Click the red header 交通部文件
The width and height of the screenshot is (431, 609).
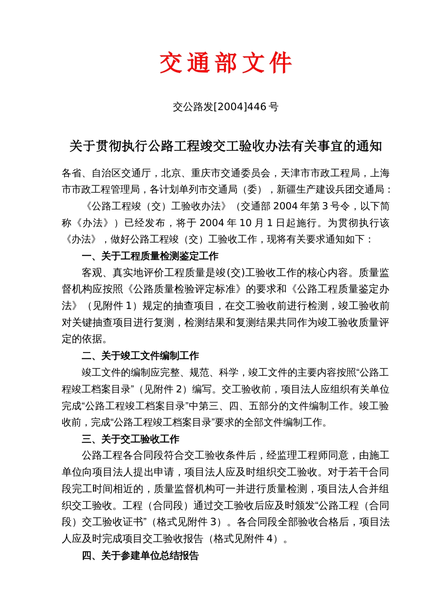click(225, 63)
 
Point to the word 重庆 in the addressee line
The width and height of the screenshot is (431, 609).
click(200, 173)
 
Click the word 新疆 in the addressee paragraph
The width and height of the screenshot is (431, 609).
click(286, 189)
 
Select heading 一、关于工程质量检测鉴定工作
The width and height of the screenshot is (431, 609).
click(150, 256)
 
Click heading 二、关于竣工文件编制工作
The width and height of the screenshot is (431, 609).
click(140, 356)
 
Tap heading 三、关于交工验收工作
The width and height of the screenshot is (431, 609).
click(131, 439)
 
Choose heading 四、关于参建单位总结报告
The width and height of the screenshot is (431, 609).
click(140, 556)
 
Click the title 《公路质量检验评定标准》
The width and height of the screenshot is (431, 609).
click(183, 289)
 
